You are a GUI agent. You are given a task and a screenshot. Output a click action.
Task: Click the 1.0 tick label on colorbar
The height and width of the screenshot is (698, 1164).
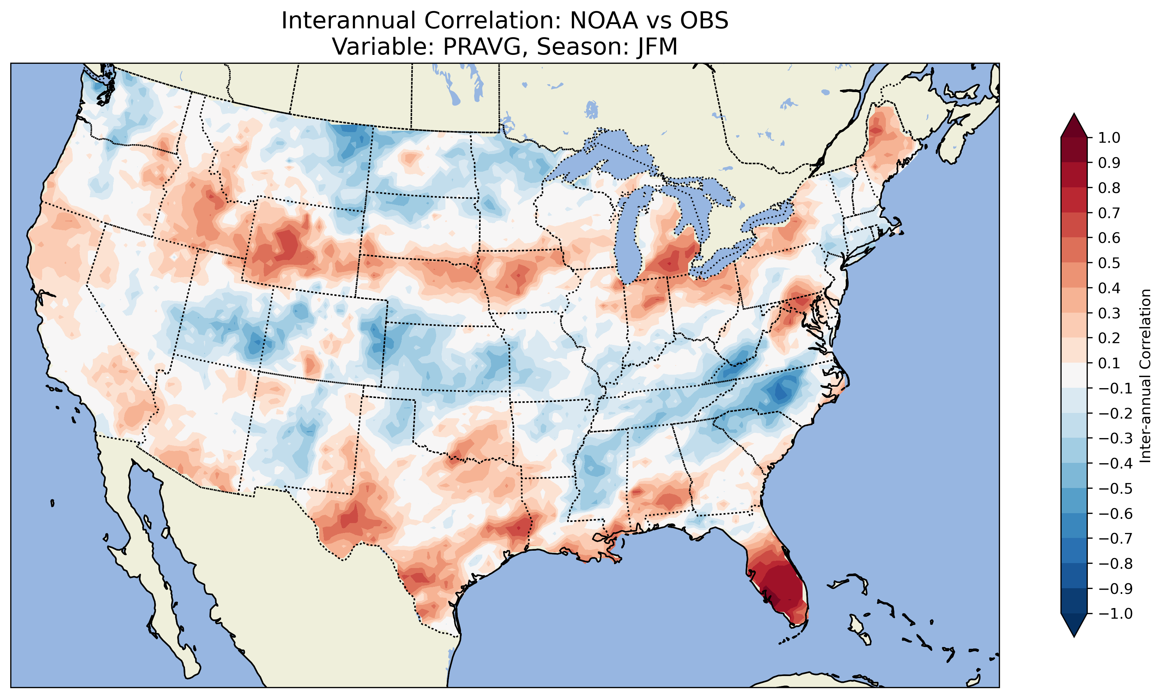(x=1109, y=138)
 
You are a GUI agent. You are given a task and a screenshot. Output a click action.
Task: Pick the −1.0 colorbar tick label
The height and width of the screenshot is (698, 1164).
(x=1115, y=613)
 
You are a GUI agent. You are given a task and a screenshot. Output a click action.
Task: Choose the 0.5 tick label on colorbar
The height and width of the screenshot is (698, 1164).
(x=1109, y=263)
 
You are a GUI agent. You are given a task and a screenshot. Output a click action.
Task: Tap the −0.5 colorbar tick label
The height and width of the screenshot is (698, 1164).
(x=1115, y=488)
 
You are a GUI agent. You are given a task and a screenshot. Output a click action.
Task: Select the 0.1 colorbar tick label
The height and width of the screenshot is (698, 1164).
(x=1109, y=363)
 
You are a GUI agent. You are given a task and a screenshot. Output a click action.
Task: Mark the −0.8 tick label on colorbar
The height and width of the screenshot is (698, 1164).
(x=1115, y=563)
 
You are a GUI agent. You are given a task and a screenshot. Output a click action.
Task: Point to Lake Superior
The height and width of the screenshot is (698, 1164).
(x=607, y=151)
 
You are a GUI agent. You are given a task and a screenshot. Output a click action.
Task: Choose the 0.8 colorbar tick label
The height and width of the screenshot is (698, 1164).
(x=1109, y=188)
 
